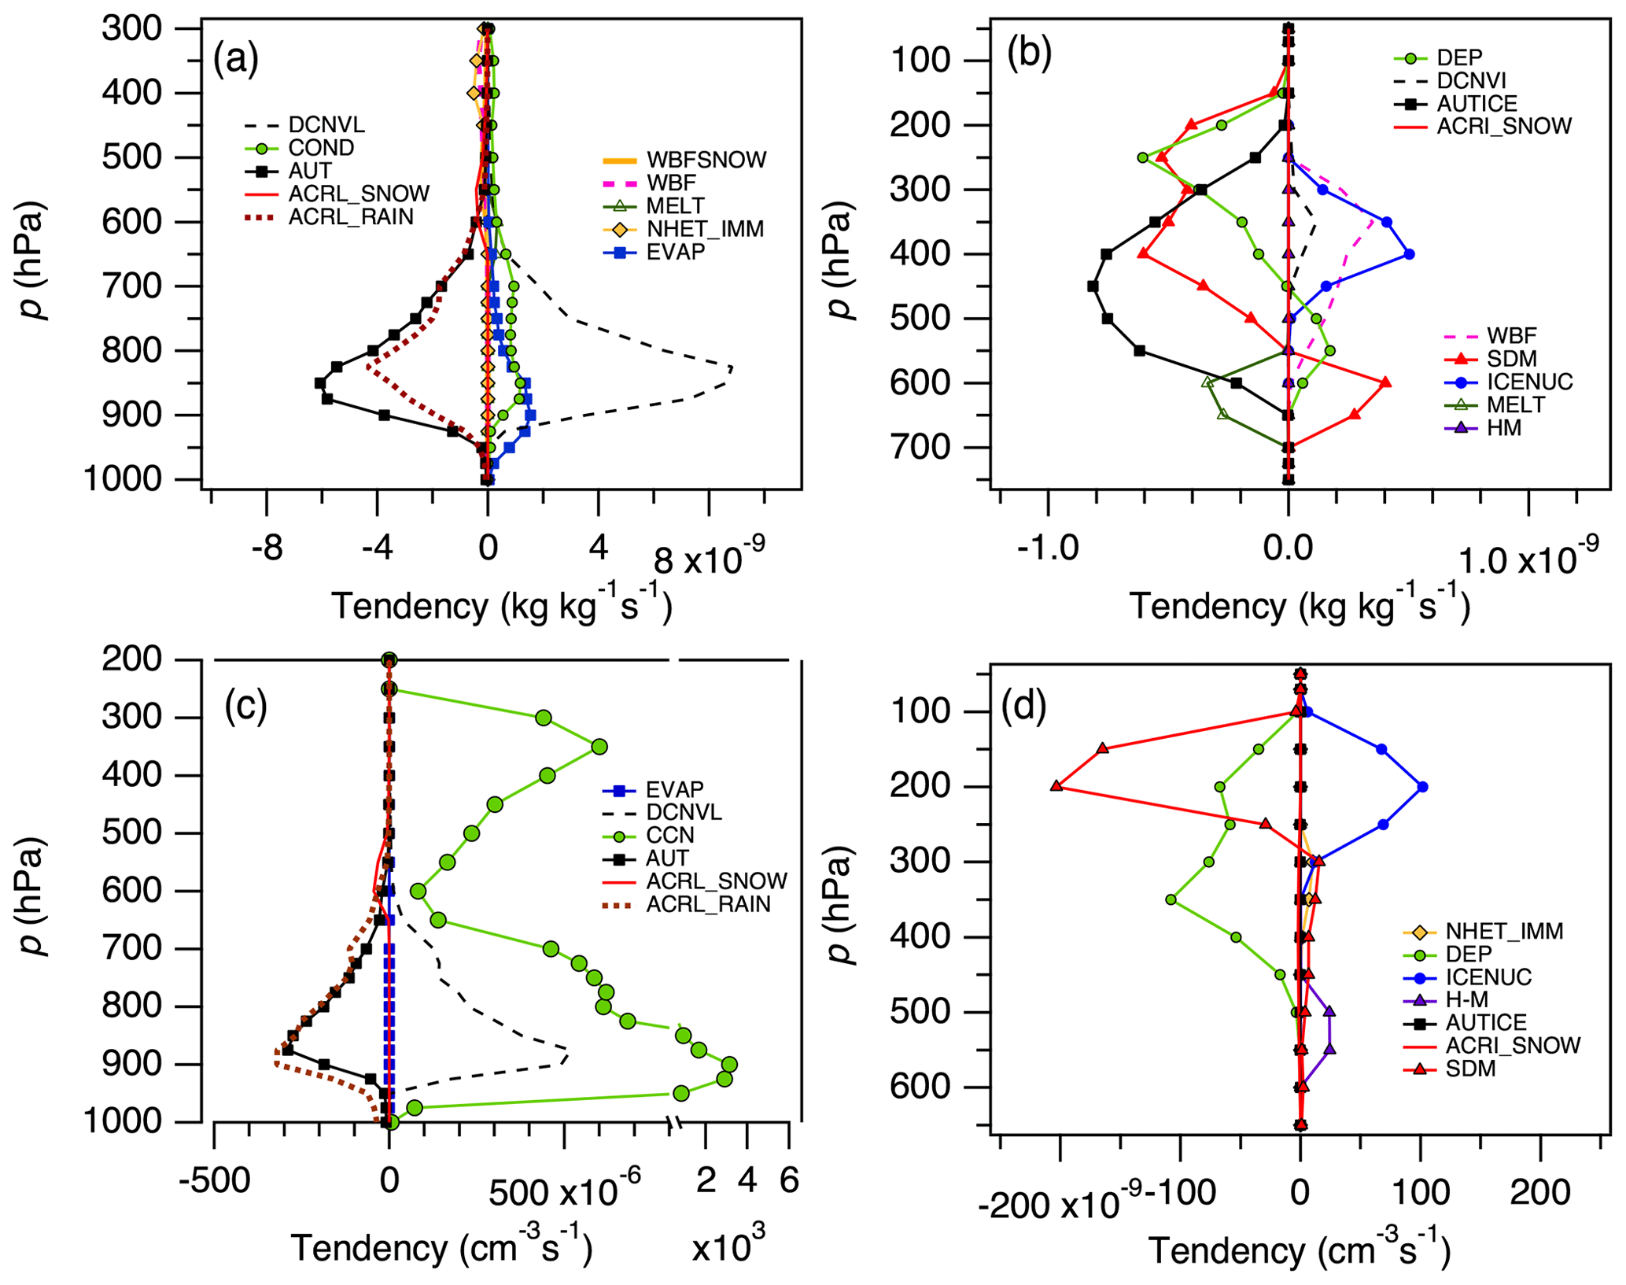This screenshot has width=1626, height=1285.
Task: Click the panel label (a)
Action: tap(235, 60)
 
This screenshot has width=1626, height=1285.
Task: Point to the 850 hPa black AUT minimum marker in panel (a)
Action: tap(320, 383)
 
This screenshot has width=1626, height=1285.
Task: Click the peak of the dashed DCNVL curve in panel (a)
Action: tap(732, 368)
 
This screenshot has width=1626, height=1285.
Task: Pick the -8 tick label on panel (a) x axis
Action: tap(267, 548)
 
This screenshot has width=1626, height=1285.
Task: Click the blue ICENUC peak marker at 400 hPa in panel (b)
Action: tap(1410, 254)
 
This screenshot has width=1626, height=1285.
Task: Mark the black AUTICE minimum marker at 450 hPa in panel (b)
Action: tap(1093, 286)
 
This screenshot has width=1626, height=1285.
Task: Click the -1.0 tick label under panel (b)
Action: tap(1047, 548)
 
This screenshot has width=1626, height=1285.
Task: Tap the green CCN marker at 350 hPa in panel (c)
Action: tap(599, 746)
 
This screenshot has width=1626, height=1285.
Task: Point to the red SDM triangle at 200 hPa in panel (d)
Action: tap(1056, 786)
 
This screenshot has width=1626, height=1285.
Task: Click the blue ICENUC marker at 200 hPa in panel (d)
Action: tap(1422, 787)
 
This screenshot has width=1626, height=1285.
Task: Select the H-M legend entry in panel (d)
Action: tap(1466, 999)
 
